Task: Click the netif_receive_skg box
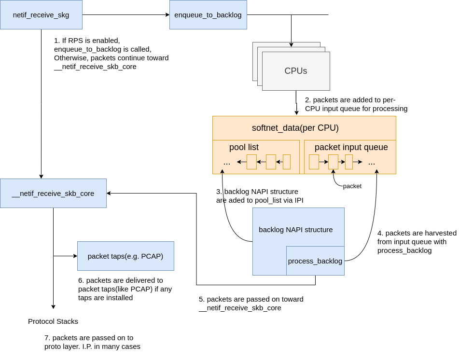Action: click(41, 15)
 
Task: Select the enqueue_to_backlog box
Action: click(208, 15)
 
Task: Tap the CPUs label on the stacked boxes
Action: click(295, 71)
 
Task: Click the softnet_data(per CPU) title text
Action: click(295, 128)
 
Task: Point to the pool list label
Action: click(244, 147)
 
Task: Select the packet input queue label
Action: click(351, 147)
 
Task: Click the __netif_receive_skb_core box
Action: click(53, 194)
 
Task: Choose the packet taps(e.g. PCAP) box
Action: click(125, 256)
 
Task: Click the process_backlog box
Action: click(315, 261)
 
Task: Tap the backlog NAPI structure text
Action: click(295, 230)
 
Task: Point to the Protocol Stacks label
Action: click(53, 321)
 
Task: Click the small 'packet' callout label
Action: click(352, 186)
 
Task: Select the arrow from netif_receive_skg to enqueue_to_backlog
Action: click(125, 15)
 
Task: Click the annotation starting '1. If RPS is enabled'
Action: click(111, 54)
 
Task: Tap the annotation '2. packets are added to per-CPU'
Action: click(356, 104)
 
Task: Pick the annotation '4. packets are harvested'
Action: click(417, 242)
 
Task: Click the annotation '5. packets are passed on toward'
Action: click(251, 304)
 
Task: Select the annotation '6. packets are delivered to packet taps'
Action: click(125, 289)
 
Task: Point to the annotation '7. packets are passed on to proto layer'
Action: click(92, 342)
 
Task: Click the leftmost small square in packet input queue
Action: click(314, 162)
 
